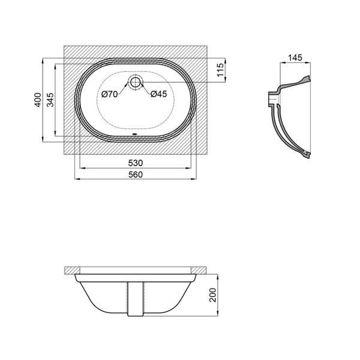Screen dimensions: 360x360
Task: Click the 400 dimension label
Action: click(38, 100)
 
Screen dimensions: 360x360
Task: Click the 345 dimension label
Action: click(50, 100)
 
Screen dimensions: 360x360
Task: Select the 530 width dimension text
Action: click(136, 163)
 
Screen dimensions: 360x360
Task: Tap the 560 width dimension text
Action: click(136, 175)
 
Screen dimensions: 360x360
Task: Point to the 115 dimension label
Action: click(220, 70)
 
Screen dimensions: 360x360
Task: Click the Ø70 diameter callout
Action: click(110, 94)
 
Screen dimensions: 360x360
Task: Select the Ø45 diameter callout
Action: click(159, 94)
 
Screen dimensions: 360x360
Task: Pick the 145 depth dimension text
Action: click(295, 58)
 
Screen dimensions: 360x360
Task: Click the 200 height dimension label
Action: click(213, 295)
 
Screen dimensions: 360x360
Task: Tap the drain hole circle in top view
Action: click(136, 82)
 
